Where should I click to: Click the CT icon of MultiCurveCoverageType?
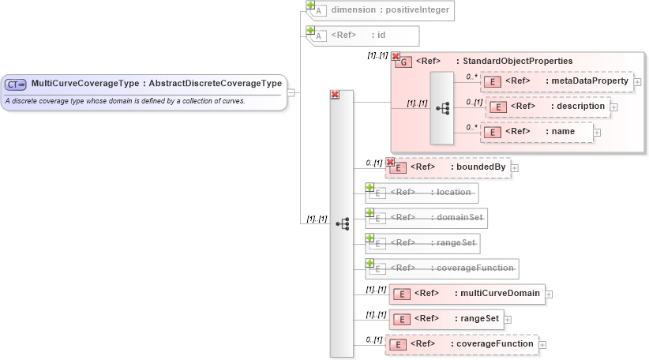coord(17,84)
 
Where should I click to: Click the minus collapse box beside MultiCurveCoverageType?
coord(291,92)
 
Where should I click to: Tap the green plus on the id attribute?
coord(310,30)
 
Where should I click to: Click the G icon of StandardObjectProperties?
coord(403,62)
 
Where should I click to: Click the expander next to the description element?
coord(613,107)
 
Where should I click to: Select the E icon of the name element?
coord(492,132)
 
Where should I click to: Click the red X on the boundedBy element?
coord(390,162)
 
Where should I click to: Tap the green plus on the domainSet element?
coord(370,212)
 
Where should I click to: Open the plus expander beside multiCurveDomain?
coord(549,294)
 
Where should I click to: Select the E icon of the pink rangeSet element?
coord(402,319)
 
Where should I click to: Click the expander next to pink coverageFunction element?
coord(542,344)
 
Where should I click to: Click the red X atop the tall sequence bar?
coord(335,94)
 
